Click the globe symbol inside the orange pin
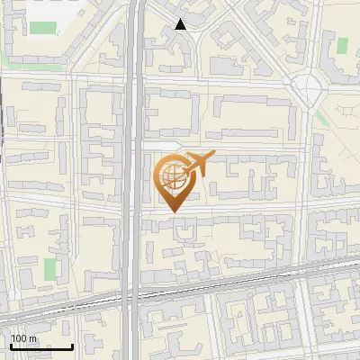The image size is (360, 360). click(172, 175)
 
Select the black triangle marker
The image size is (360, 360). click(180, 24)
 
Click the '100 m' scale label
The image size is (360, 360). click(24, 337)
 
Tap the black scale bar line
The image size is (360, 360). click(40, 346)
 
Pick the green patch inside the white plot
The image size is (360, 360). click(42, 26)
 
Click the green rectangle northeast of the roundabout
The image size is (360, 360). click(341, 46)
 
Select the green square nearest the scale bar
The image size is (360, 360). click(50, 269)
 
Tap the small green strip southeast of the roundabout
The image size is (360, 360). click(322, 118)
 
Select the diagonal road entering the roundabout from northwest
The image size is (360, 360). click(270, 45)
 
